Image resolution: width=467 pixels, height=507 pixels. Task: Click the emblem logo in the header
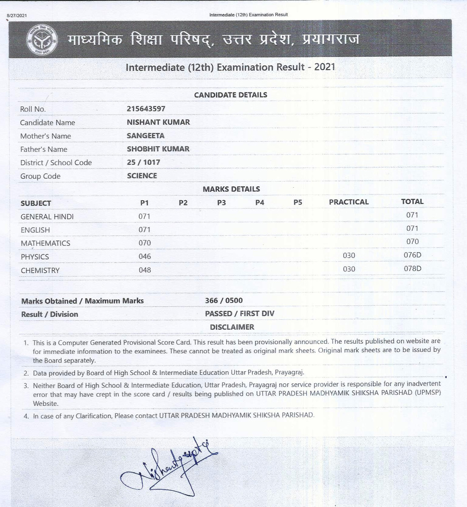(x=42, y=40)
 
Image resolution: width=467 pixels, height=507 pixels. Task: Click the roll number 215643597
(x=146, y=109)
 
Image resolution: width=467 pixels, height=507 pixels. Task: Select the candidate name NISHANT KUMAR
(x=158, y=122)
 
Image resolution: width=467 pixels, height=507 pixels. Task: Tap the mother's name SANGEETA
(x=145, y=136)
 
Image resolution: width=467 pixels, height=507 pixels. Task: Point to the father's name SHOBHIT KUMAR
(x=158, y=149)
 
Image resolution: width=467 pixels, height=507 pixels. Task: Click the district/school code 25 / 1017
(x=143, y=162)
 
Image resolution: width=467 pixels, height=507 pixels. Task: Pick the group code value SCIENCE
(x=142, y=176)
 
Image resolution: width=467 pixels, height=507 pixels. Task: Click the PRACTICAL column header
(x=348, y=202)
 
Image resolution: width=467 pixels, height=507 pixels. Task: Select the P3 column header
(x=221, y=203)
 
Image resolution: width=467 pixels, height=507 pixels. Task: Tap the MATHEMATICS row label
(x=45, y=243)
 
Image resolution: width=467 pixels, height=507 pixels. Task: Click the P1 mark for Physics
(x=145, y=256)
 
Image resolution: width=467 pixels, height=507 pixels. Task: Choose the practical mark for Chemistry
(x=349, y=269)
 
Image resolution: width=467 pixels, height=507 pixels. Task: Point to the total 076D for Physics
(x=412, y=255)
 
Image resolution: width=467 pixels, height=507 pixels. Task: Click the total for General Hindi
(x=412, y=215)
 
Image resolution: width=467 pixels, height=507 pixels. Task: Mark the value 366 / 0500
(x=224, y=301)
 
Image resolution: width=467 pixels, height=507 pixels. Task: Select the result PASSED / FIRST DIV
(x=240, y=314)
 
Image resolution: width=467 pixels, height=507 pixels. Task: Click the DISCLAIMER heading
(x=232, y=327)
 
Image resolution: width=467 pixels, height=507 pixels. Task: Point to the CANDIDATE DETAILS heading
(x=231, y=95)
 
